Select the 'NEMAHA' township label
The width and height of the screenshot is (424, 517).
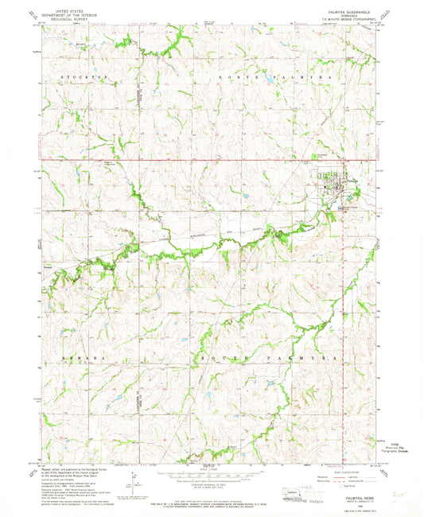coord(73,360)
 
